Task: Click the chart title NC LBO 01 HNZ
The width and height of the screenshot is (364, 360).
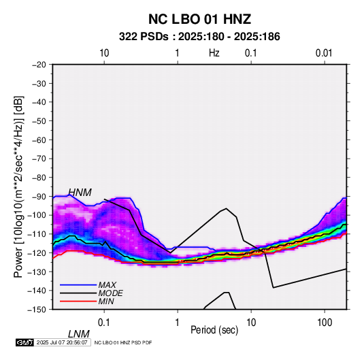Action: pos(199,19)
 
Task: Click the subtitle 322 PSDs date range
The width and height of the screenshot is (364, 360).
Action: pos(199,37)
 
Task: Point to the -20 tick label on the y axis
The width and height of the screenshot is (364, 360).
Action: pos(39,65)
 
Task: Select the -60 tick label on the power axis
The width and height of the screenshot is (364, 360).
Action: pos(39,140)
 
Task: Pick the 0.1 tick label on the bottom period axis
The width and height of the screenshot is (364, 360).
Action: pos(104,323)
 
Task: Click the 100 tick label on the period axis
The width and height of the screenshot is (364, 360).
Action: pos(325,323)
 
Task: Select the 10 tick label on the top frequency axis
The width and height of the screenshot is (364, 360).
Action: pos(104,53)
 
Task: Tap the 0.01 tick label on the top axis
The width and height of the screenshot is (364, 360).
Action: pos(324,53)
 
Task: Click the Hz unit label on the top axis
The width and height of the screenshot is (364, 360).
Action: pos(214,53)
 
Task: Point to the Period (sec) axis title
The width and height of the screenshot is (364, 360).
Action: pos(214,330)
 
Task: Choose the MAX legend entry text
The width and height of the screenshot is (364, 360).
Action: pos(107,285)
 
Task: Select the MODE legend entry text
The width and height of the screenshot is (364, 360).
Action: pos(110,293)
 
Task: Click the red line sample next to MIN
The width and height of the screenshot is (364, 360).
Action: pos(78,301)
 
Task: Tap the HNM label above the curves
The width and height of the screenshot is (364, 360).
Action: pos(80,193)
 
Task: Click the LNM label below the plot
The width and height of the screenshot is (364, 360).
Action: pos(79,334)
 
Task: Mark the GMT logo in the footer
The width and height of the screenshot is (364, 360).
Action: pos(24,342)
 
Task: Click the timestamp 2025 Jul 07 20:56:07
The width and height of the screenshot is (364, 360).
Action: pos(62,342)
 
